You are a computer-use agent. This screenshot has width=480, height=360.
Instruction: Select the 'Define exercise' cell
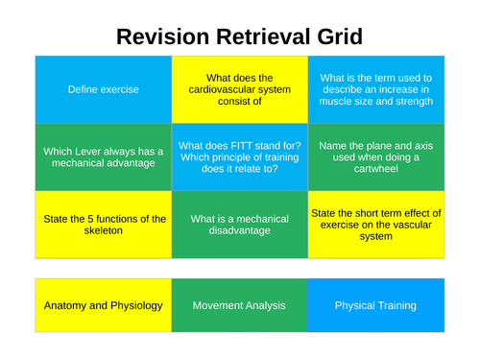pos(104,89)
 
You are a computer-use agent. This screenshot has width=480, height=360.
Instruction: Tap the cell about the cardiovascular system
pos(239,89)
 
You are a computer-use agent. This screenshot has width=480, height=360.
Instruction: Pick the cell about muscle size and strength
pos(376,89)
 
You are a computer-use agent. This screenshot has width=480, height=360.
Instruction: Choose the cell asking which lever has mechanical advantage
pos(104,156)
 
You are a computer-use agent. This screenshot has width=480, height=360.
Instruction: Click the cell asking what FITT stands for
pos(239,156)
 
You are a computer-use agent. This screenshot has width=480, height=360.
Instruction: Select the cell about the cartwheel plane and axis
pos(376,156)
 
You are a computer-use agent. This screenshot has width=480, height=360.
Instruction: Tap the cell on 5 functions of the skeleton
pos(104,225)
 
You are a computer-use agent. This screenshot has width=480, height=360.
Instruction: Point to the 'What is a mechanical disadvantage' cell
pos(239,225)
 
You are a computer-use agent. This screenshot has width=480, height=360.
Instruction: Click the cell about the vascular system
pos(376,225)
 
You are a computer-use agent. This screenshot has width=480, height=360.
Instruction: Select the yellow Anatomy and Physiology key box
pos(104,305)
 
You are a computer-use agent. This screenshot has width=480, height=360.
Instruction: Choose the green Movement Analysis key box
pos(239,305)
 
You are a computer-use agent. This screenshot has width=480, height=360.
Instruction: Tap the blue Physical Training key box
pos(376,305)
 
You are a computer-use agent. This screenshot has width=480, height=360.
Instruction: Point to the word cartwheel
pos(375,169)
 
